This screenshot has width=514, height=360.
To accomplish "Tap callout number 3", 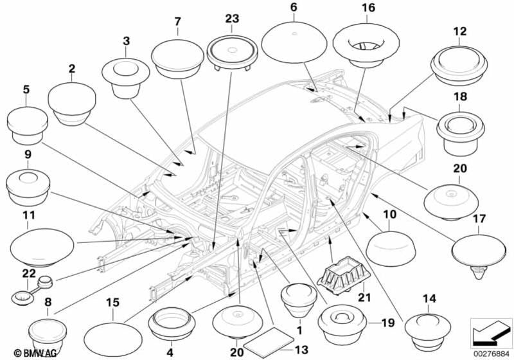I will pyautogui.click(x=127, y=40).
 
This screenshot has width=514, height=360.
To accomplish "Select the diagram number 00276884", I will pyautogui.click(x=492, y=353).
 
